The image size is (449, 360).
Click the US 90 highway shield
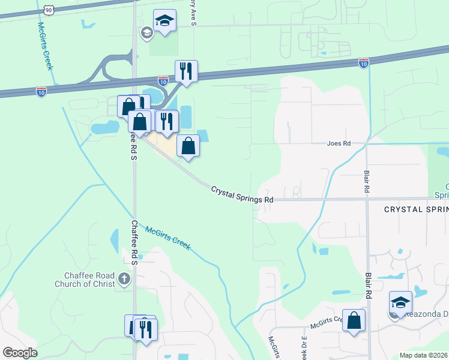[47, 10]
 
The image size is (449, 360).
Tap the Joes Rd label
[338, 144]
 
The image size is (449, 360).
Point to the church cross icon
[124, 278]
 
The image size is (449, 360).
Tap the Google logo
[20, 353]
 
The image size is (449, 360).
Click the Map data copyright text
[423, 355]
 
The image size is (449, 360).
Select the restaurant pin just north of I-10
[187, 71]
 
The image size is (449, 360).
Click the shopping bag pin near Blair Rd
[354, 320]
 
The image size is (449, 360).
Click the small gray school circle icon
[146, 32]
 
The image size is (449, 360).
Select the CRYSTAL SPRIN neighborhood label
[416, 209]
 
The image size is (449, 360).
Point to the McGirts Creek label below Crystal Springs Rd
[168, 235]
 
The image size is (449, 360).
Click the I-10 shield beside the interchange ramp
[163, 80]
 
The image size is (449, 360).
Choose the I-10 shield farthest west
[41, 92]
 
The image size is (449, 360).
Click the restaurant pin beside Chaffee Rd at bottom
[146, 329]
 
